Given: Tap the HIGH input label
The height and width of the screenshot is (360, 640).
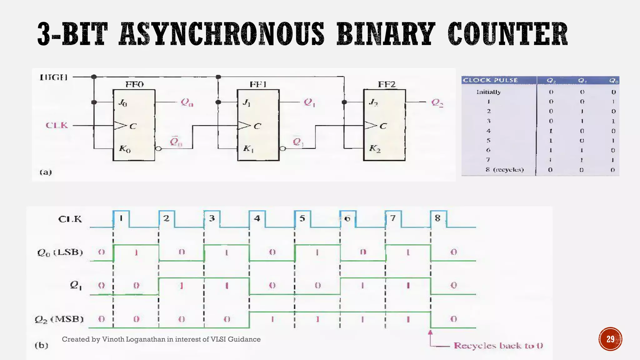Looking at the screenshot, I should tap(54, 77).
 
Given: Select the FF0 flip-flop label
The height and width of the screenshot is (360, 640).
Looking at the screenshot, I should tap(134, 84).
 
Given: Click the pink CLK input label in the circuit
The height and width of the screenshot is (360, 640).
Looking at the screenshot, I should tap(57, 125).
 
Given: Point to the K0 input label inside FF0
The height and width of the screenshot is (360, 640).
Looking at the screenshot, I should tap(125, 149).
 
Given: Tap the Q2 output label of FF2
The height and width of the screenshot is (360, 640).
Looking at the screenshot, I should tap(437, 102).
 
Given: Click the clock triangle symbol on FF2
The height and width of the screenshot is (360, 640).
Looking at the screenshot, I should tap(371, 126).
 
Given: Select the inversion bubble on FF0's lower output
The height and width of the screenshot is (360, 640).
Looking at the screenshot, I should tap(158, 149).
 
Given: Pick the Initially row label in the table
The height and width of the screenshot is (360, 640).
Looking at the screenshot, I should tap(488, 92).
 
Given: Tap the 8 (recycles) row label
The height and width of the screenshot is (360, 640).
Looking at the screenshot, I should tap(505, 170).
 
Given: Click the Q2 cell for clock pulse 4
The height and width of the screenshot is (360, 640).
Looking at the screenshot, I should tap(551, 131).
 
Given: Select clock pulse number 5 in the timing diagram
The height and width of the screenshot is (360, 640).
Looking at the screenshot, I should tap(302, 218).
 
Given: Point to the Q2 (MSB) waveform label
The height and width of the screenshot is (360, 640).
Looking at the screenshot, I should tap(59, 319).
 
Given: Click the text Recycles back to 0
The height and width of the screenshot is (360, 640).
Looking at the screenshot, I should tap(498, 346).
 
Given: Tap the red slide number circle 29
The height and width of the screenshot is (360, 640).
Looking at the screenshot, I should tap(610, 339).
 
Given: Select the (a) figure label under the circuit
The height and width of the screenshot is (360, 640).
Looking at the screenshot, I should tap(46, 172).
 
